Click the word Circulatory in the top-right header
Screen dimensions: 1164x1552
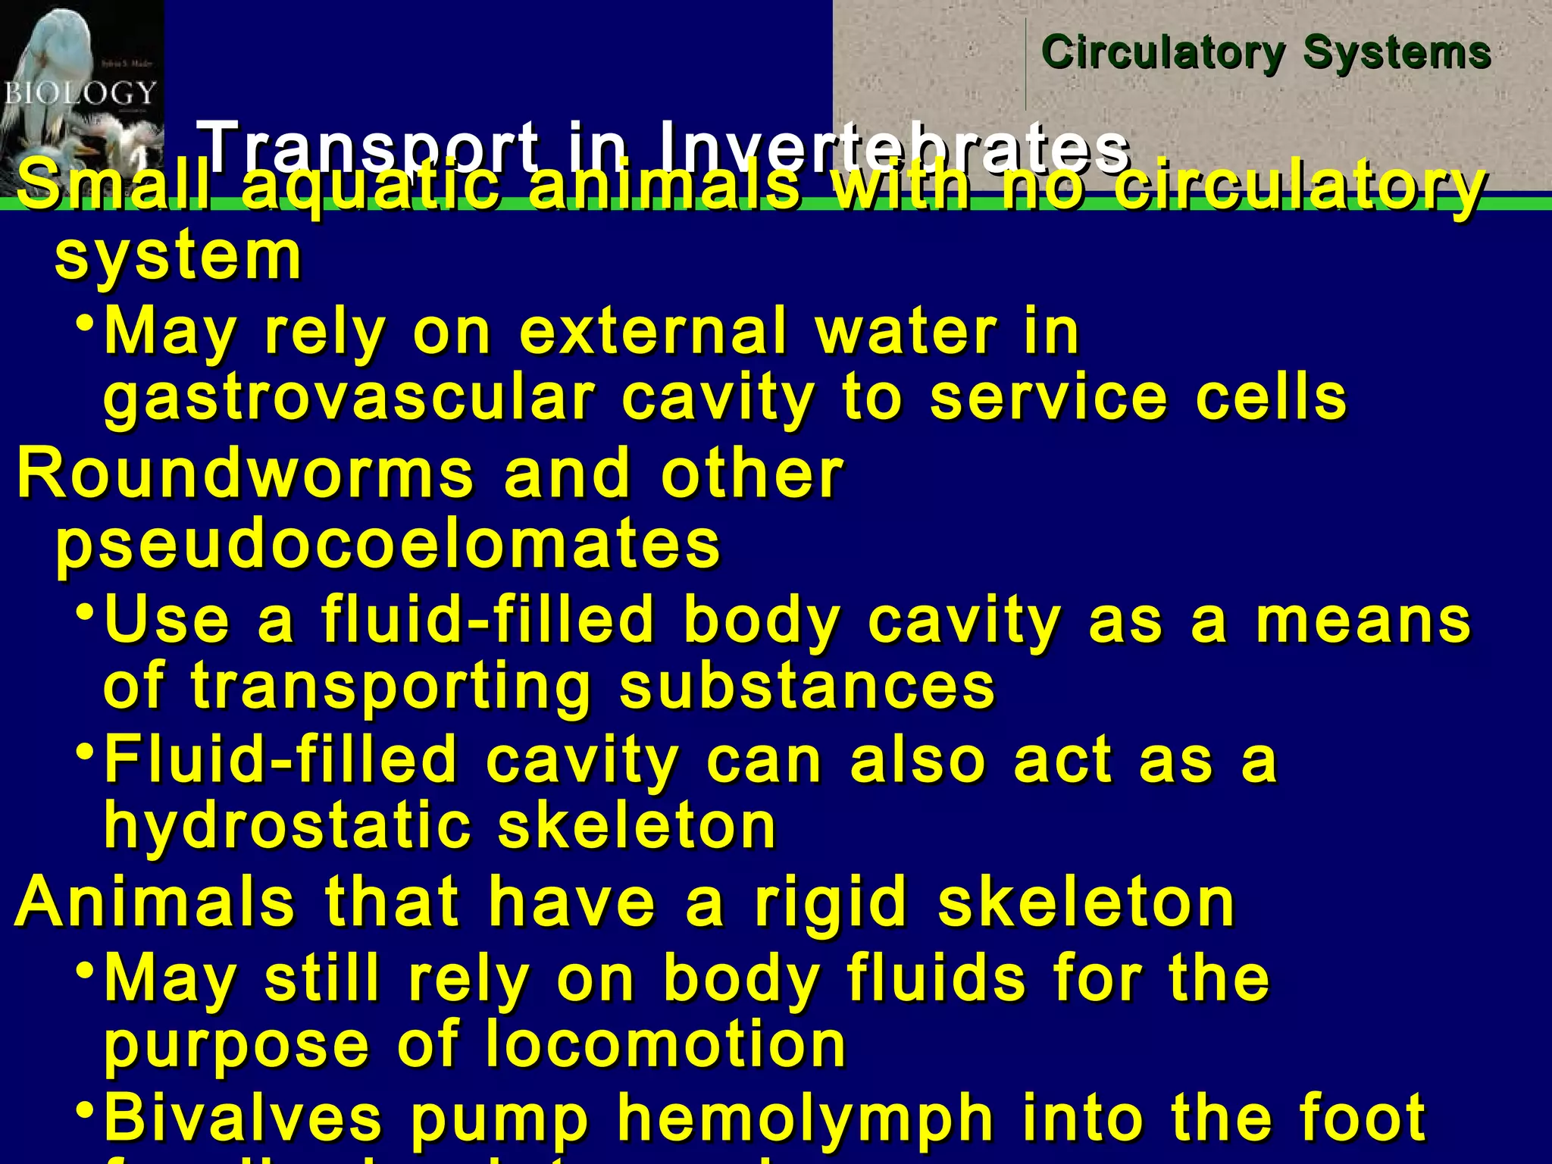1162,53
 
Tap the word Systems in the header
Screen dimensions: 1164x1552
1397,53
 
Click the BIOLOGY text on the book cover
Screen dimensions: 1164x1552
79,94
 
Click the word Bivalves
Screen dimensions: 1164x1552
243,1117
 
